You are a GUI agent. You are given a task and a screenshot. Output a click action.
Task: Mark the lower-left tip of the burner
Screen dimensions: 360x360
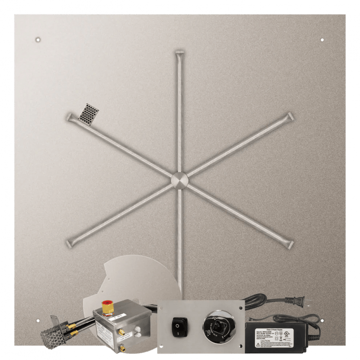(x=71, y=243)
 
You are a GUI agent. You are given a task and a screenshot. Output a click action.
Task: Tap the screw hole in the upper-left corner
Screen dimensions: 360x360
(x=38, y=39)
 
